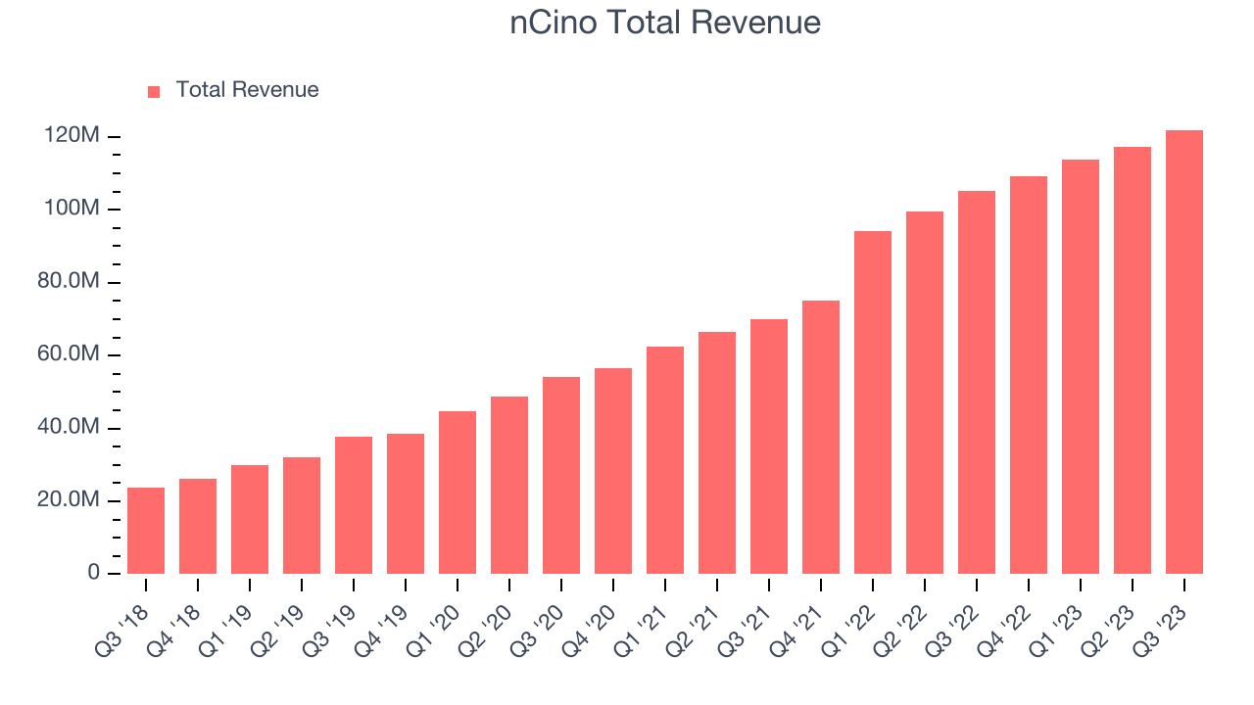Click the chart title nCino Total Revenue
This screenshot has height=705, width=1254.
pos(665,23)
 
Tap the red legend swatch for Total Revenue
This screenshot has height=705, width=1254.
pos(154,91)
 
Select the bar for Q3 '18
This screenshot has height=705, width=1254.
pos(146,531)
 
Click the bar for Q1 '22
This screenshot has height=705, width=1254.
pos(873,402)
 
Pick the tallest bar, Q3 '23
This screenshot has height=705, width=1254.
pos(1184,352)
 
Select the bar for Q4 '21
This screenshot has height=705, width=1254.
pos(821,438)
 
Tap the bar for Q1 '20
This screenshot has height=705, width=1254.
pos(458,493)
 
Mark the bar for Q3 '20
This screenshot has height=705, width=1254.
pos(561,476)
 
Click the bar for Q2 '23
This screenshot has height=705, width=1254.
pos(1133,360)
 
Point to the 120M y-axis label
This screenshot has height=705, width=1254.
pos(72,136)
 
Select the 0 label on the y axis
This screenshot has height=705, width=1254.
pos(93,573)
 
